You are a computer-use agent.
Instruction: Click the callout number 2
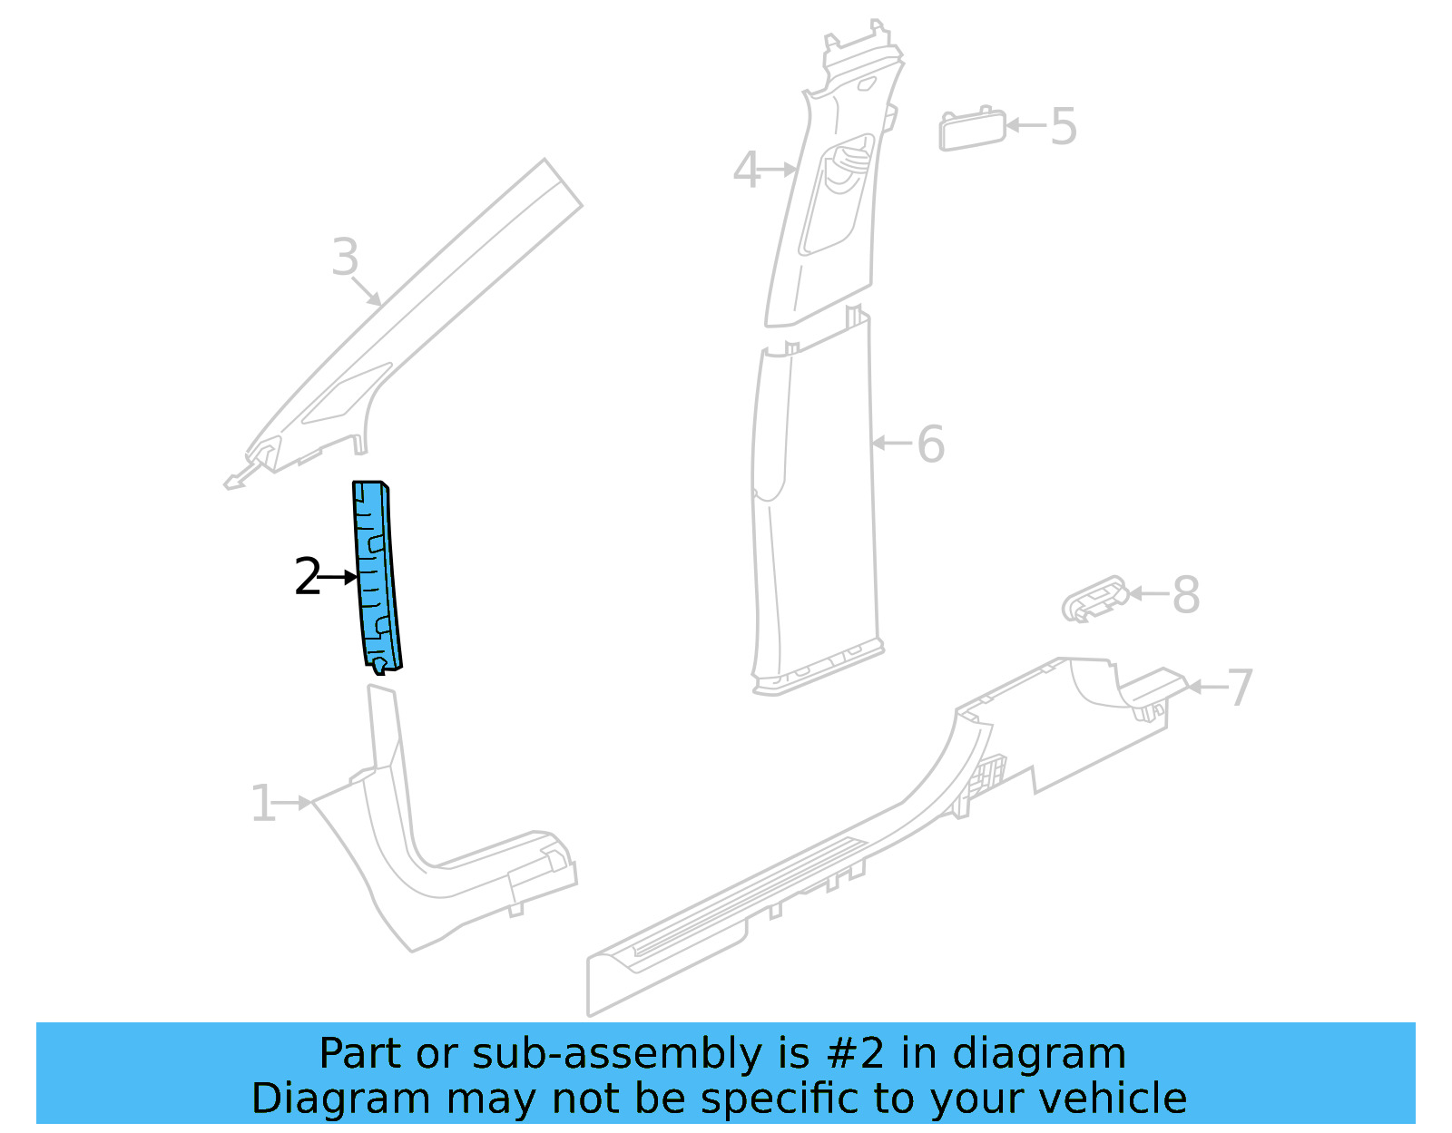(308, 578)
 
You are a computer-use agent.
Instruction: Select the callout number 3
(345, 258)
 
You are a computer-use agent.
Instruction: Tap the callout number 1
(262, 804)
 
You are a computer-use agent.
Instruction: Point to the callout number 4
(746, 171)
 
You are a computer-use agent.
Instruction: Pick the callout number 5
(1064, 127)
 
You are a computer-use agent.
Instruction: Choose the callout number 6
(931, 444)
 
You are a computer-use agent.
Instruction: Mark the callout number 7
(1240, 689)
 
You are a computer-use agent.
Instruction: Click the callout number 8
(1186, 595)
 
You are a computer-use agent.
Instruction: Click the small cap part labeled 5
(972, 130)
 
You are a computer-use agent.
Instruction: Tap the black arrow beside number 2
(340, 577)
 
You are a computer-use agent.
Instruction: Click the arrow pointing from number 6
(892, 444)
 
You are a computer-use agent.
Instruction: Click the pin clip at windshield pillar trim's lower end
(238, 481)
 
